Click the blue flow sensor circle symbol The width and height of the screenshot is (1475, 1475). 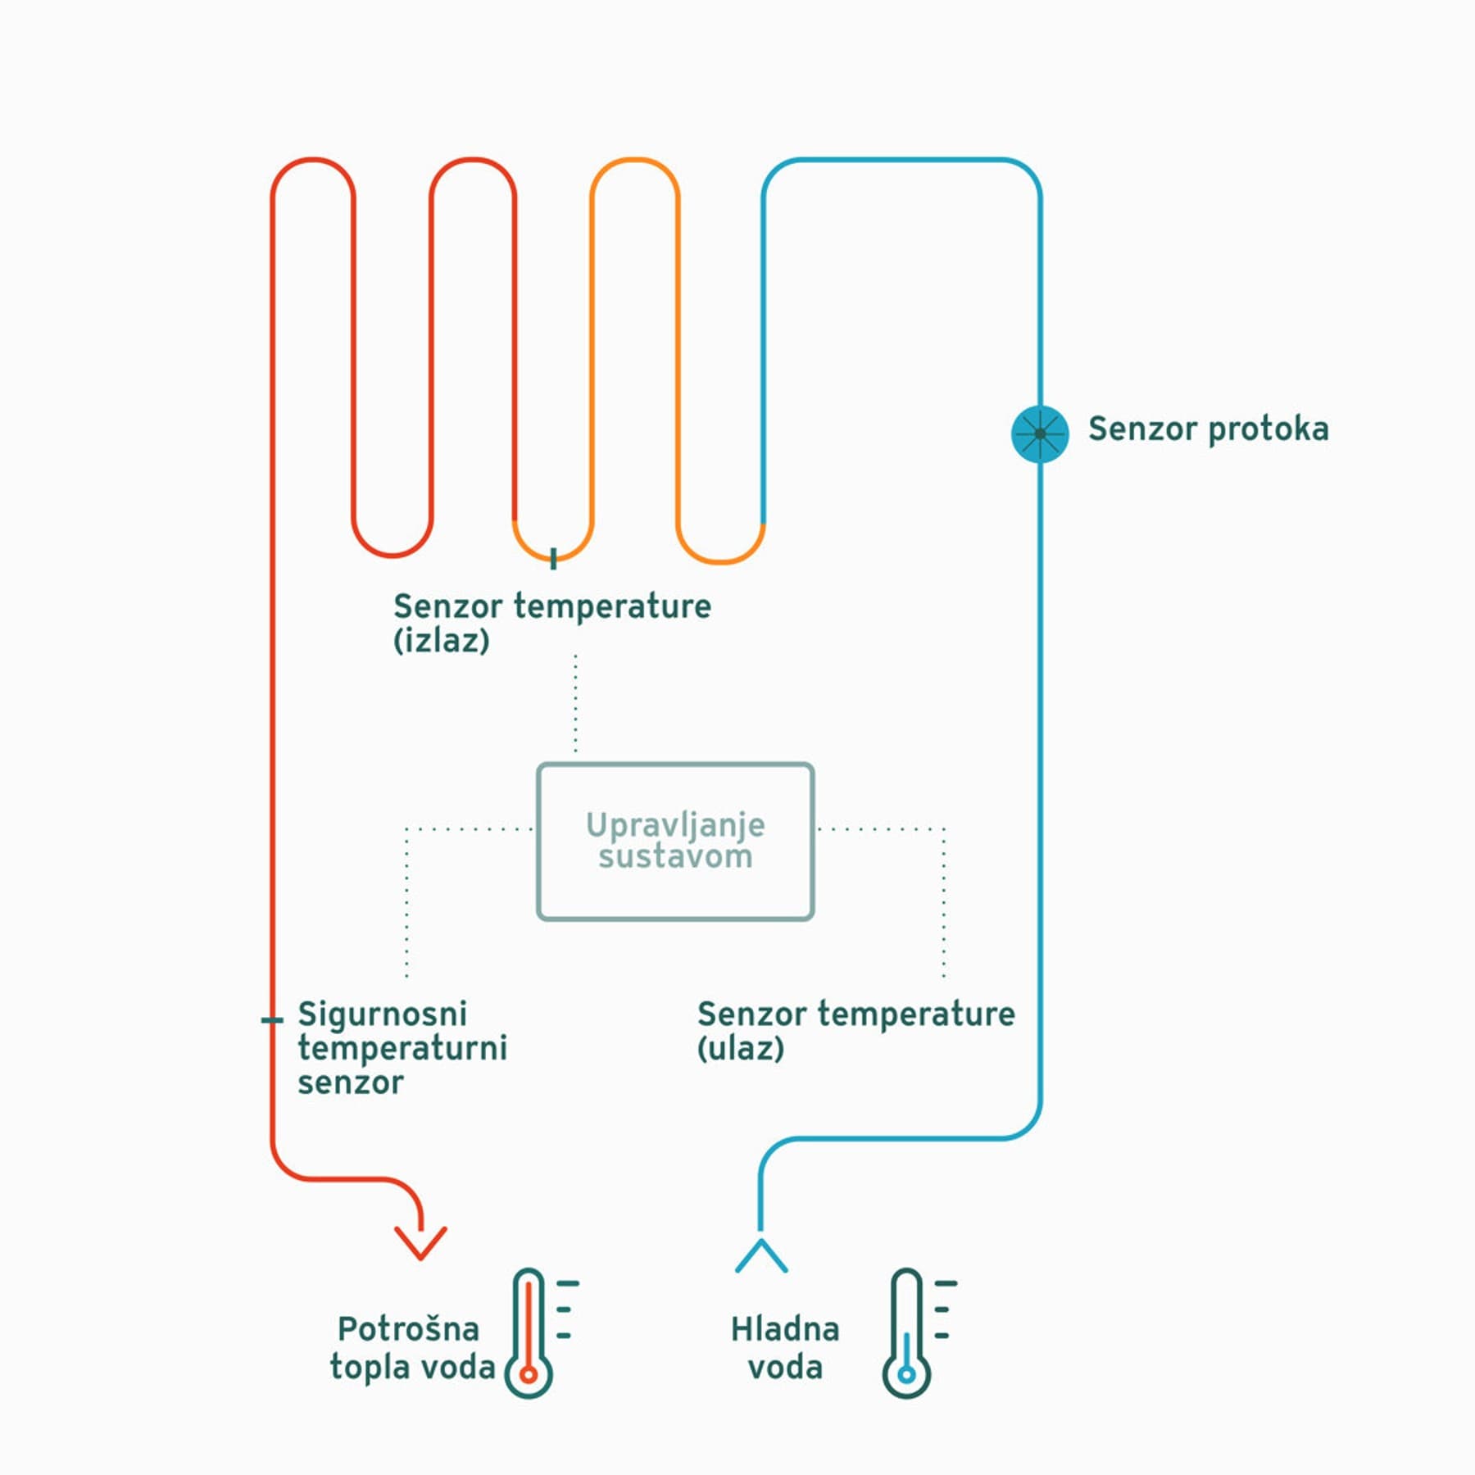click(1040, 433)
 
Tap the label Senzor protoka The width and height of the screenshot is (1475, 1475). click(1208, 429)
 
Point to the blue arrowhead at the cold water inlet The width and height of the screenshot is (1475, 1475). click(761, 1255)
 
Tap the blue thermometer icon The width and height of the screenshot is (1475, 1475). click(919, 1332)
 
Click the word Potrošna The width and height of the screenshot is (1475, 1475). click(408, 1328)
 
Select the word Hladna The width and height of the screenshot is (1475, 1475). click(785, 1329)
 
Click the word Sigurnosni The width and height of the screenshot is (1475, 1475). click(382, 1014)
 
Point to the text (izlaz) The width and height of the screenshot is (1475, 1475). click(441, 640)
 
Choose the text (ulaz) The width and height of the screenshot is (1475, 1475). click(741, 1047)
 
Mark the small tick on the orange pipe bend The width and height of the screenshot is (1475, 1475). click(553, 559)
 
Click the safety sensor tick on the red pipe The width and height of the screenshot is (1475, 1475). click(272, 1019)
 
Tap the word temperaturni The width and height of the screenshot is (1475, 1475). click(402, 1048)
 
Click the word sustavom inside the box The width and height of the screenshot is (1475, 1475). click(675, 856)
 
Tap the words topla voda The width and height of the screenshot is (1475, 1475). click(412, 1367)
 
